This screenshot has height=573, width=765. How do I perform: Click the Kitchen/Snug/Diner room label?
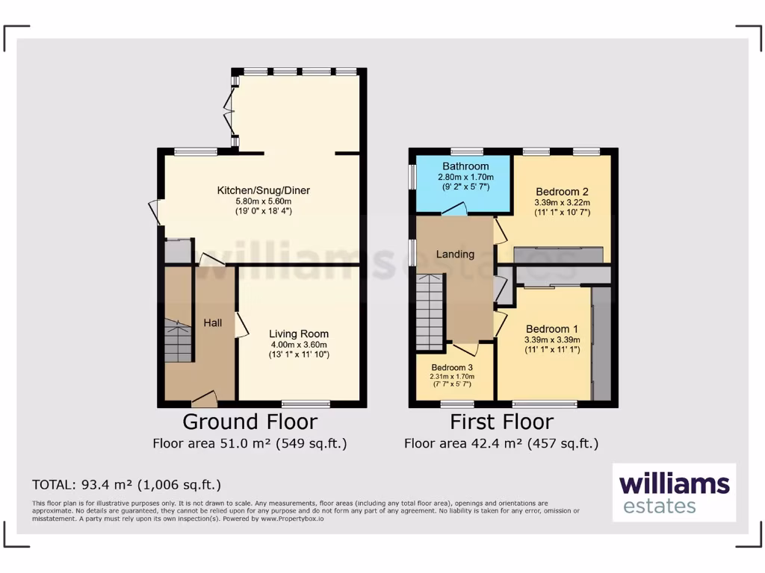point(263,190)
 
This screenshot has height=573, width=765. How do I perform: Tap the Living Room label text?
point(299,334)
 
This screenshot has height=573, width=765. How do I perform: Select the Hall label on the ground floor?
point(212,322)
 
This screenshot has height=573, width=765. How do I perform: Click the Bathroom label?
point(465,166)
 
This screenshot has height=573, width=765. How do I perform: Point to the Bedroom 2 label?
point(562,190)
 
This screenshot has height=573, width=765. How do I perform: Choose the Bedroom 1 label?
point(552,328)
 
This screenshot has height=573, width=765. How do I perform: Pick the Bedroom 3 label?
point(452,366)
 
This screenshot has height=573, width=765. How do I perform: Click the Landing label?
point(455,254)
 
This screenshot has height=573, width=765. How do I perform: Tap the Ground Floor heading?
point(250,422)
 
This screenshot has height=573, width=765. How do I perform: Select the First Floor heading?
point(501,422)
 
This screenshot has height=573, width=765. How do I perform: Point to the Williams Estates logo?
point(674,492)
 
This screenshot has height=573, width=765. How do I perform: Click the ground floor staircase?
point(178,340)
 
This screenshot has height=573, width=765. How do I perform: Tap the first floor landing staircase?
point(430,312)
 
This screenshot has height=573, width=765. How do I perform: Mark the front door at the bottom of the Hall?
point(203,399)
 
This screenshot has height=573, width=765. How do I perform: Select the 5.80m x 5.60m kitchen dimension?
point(264,201)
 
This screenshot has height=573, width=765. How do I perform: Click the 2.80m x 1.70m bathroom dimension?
point(465,177)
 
